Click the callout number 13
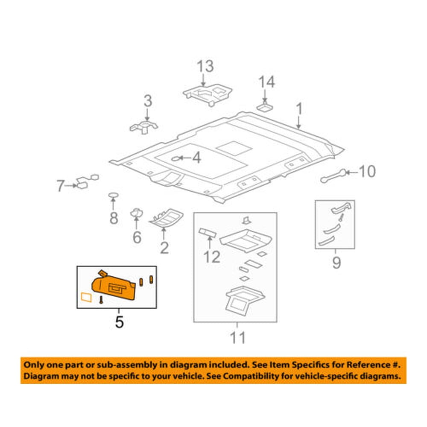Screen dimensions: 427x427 click(205, 67)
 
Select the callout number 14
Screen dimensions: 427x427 click(266, 82)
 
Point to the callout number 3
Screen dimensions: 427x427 click(147, 102)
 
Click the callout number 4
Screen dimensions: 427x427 click(196, 158)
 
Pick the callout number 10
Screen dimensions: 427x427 click(366, 172)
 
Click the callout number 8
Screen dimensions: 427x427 click(114, 218)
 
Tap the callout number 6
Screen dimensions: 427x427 click(137, 237)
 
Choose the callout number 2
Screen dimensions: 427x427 click(164, 248)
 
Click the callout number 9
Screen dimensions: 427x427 click(336, 263)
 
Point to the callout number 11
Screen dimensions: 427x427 click(238, 338)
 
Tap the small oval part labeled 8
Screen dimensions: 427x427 click(113, 196)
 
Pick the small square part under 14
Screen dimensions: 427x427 click(265, 107)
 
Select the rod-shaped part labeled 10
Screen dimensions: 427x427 click(333, 176)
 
